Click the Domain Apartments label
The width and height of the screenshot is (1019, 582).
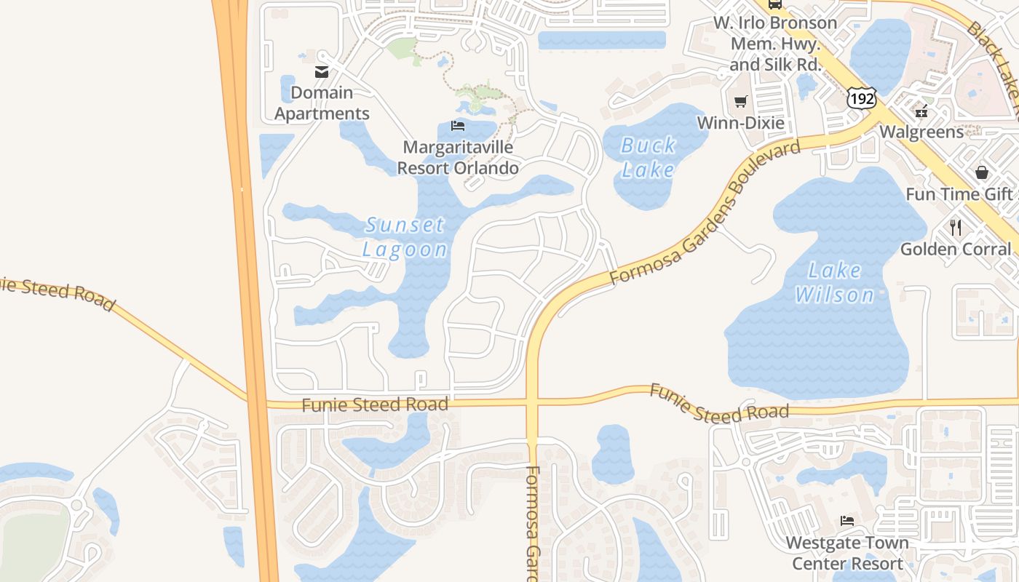pos(322,103)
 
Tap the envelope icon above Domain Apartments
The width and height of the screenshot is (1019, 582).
pos(321,71)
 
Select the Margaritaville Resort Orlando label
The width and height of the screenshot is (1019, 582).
pos(458,157)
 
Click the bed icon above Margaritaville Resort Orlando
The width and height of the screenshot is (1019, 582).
pos(458,126)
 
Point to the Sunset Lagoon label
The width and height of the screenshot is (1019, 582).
pos(405,237)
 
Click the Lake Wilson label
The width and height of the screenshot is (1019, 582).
pos(835,282)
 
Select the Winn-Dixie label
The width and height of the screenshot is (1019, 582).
pos(741,122)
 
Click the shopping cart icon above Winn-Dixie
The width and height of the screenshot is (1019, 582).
pos(740,102)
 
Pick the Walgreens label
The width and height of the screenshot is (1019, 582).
pos(921,132)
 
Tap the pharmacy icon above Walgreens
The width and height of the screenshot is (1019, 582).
pos(921,111)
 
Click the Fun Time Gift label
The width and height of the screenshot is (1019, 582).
pos(959,194)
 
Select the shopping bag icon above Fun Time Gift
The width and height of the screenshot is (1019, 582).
pos(981,172)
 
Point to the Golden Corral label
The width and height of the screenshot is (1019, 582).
pos(956,249)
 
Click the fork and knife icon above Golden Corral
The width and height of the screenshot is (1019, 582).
pos(956,228)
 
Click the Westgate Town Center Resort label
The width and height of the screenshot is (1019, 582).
pos(847,553)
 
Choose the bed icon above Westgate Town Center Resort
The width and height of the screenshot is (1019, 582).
pos(847,521)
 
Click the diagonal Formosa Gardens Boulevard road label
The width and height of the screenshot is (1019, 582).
pos(705,213)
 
